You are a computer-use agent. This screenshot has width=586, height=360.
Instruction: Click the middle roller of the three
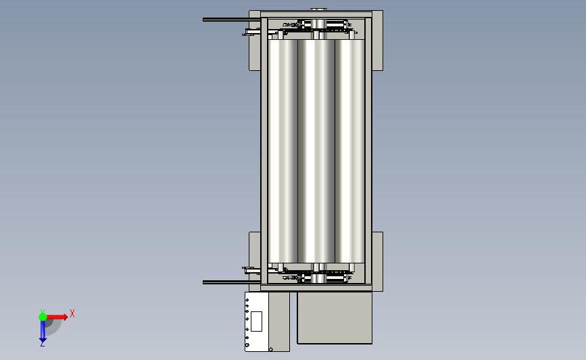(316, 151)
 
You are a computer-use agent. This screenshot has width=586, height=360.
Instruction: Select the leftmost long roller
(283, 151)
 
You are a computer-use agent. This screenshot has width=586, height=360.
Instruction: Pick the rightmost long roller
(349, 151)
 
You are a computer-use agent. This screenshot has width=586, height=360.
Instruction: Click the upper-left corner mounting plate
(255, 41)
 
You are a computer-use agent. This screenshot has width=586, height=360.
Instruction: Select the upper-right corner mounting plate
(377, 41)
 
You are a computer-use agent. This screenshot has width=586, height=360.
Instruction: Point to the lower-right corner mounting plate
(377, 261)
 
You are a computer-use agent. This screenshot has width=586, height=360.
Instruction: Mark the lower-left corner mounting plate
(255, 261)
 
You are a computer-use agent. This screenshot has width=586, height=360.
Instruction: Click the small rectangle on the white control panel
(256, 321)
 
